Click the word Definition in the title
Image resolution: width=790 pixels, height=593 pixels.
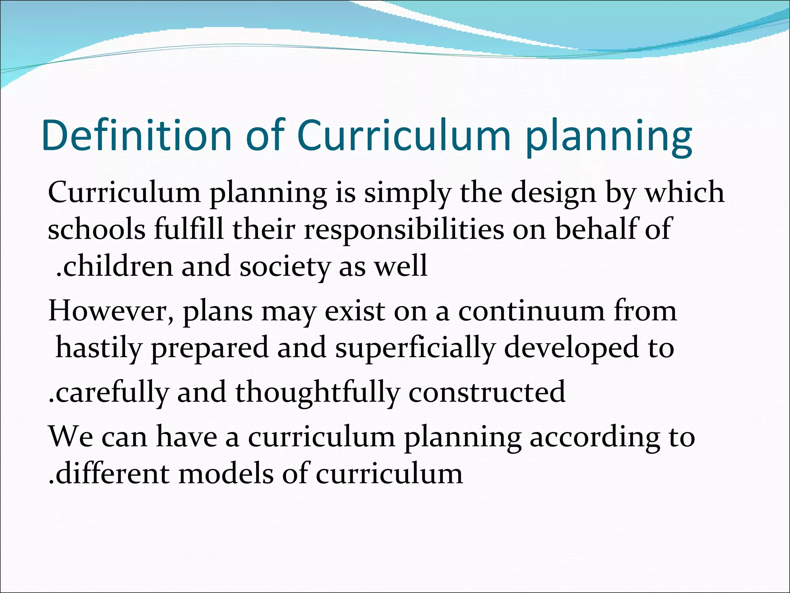(137, 136)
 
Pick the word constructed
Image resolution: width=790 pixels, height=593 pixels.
(487, 392)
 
